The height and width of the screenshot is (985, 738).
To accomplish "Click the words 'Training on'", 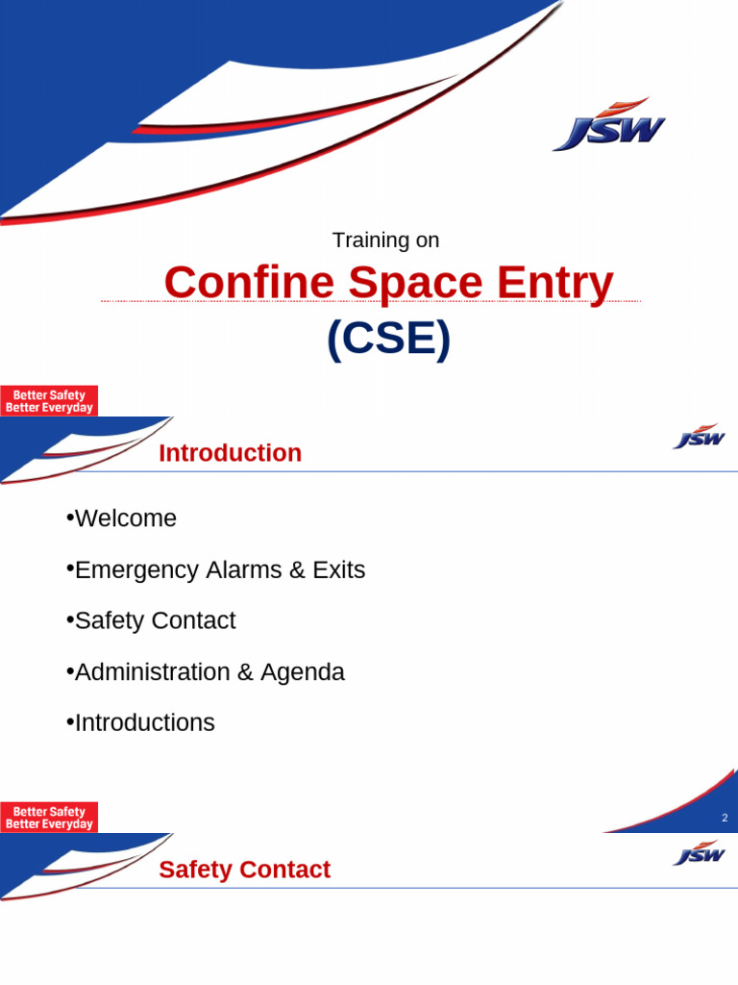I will (x=385, y=240).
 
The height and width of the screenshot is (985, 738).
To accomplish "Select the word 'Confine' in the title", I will (x=249, y=283).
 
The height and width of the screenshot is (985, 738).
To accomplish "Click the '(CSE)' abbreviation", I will (x=388, y=339).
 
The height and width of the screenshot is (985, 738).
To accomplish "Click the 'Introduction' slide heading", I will (x=230, y=453).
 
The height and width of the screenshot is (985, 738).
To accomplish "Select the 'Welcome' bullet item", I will (x=126, y=518).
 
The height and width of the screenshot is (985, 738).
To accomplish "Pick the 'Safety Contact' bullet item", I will (x=155, y=620).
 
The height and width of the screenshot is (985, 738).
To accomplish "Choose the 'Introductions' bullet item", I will (x=144, y=722).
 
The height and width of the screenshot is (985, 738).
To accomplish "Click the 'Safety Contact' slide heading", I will (x=244, y=870).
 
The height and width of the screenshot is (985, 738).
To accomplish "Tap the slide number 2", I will (x=725, y=818).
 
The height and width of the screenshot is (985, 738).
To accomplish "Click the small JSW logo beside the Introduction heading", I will (x=699, y=439).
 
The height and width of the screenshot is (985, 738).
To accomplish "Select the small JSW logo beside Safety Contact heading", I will (x=699, y=854).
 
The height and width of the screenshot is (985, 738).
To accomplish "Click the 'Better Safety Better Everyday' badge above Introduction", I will (x=49, y=401).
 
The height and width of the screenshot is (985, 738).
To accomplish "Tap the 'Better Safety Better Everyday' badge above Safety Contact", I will (x=49, y=818).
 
